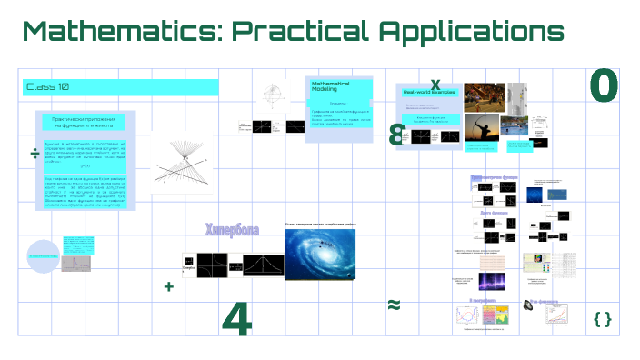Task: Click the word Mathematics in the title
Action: point(118,31)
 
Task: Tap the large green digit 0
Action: point(604,86)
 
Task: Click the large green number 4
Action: point(236,317)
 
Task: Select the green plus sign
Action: point(168,286)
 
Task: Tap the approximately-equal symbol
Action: point(394,305)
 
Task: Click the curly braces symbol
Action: point(602,318)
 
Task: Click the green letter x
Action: point(435,84)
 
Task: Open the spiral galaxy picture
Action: point(327,252)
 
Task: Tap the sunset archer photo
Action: point(486,126)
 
